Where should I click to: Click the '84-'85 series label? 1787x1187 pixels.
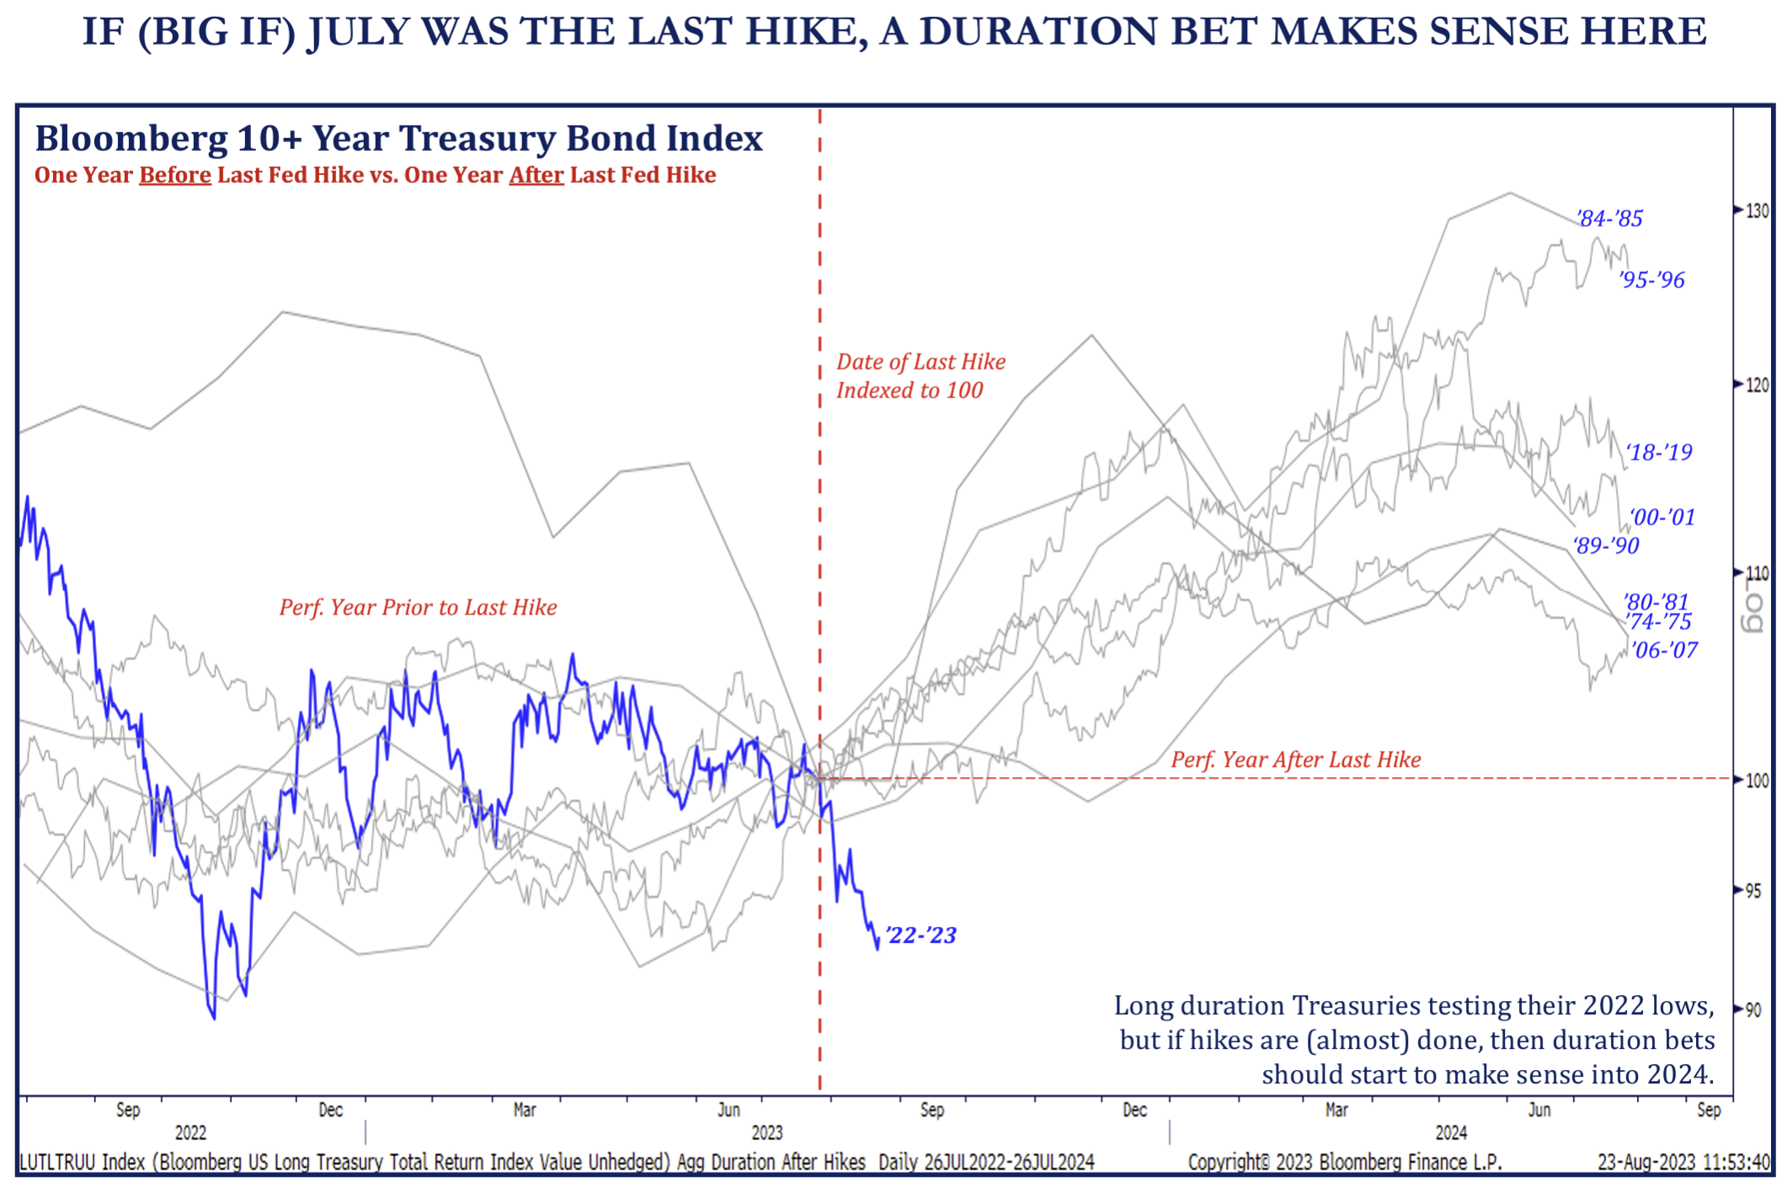[1609, 219]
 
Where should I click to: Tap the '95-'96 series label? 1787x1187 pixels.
[1651, 280]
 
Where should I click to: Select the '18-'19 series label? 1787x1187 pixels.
[1658, 453]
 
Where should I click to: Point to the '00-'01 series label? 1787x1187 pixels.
[1662, 517]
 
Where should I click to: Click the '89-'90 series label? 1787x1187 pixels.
[1607, 546]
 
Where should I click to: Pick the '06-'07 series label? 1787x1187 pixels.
[1664, 650]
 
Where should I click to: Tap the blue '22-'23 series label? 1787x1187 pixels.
[921, 935]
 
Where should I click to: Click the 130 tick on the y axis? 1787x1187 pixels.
[1757, 210]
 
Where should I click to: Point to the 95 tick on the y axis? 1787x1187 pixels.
[1752, 891]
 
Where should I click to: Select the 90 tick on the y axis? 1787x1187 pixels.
[1752, 1009]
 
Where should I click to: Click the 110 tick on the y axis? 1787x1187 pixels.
[1757, 573]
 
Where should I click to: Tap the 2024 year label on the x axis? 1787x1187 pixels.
[1451, 1132]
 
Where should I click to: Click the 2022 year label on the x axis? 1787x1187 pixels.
[190, 1132]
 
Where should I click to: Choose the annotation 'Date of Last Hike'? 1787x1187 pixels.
[920, 362]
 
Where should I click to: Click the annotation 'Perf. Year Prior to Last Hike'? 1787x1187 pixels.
[418, 608]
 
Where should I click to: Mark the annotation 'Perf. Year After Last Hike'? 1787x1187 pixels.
[1295, 760]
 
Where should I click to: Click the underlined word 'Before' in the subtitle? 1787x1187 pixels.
[175, 175]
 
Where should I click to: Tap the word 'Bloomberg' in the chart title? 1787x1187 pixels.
[131, 139]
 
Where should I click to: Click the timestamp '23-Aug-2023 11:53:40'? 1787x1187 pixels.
[1683, 1163]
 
